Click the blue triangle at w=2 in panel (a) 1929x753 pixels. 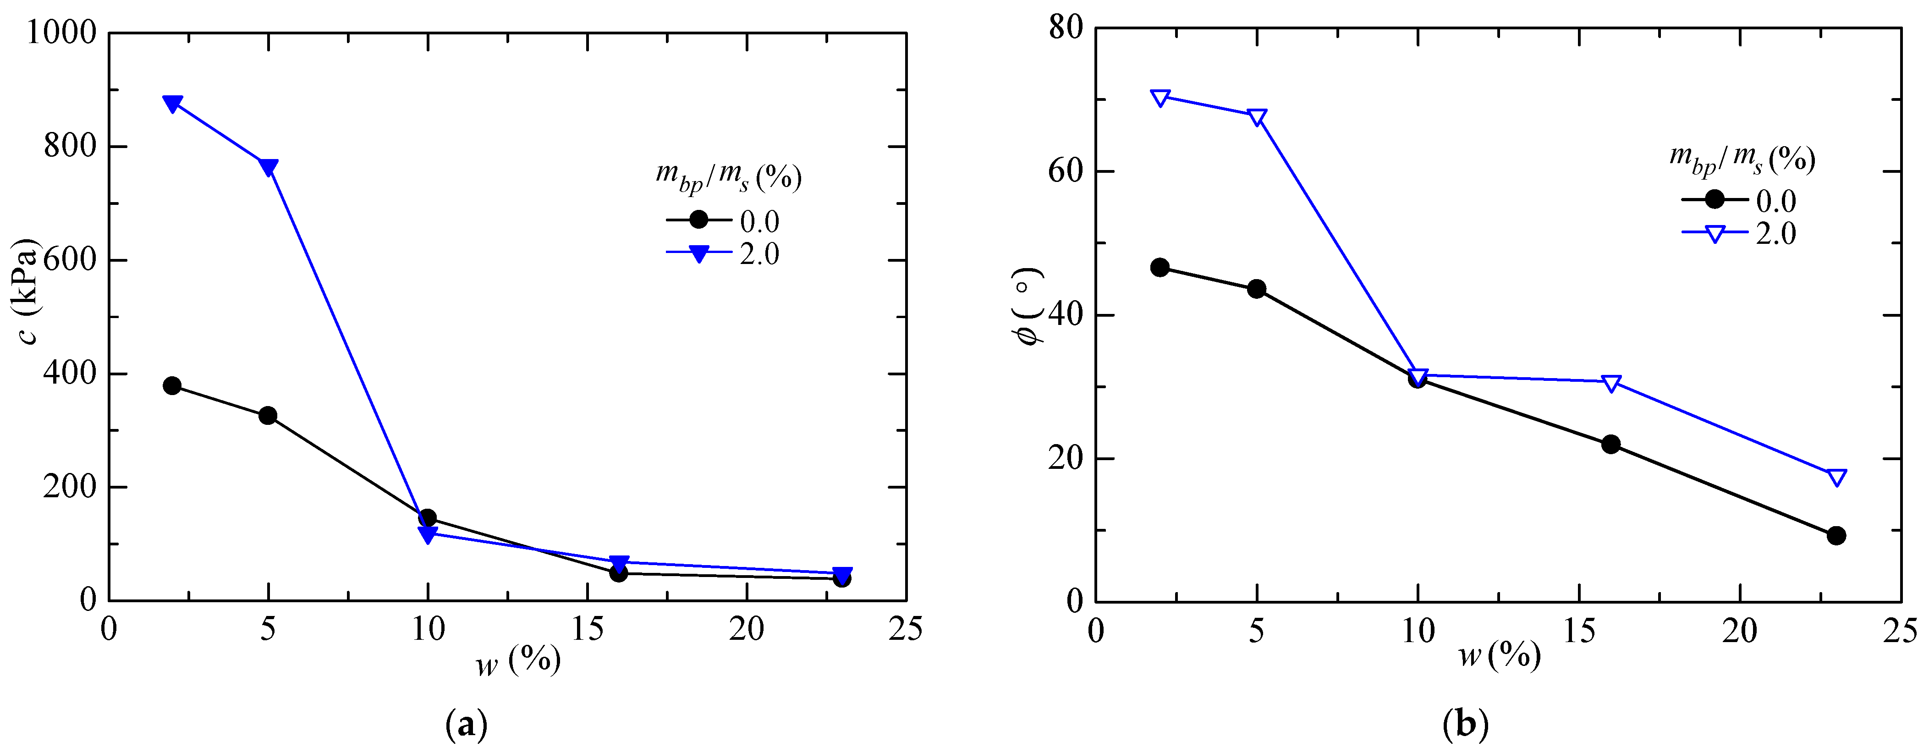coord(172,103)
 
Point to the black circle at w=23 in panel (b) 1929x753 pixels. coord(1836,535)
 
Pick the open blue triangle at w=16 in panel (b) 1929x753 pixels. coord(1611,383)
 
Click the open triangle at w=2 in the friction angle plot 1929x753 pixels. coord(1160,97)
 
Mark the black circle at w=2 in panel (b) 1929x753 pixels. coord(1160,267)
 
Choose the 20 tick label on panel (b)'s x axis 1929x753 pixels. coord(1740,632)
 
